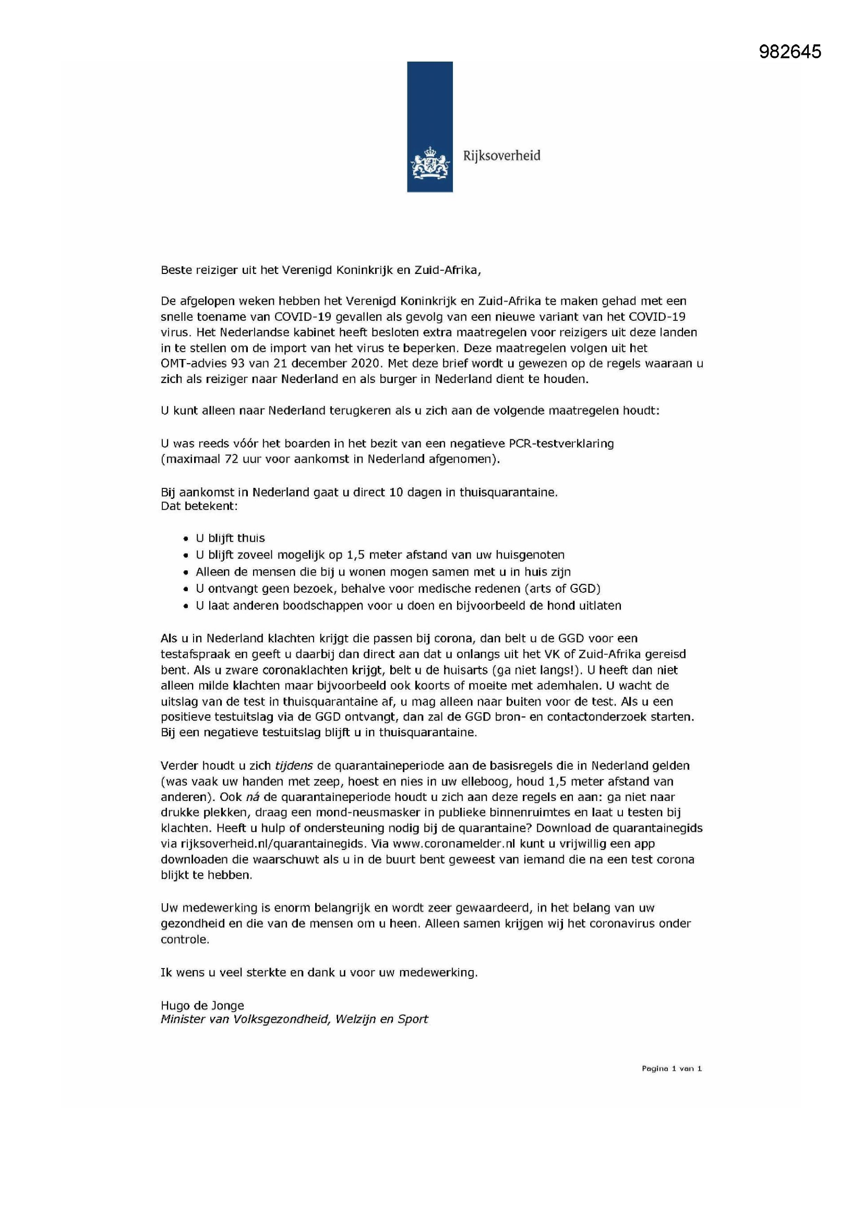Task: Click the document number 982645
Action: coord(789,52)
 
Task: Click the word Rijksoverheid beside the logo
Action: coord(501,156)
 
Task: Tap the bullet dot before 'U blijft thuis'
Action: coord(185,540)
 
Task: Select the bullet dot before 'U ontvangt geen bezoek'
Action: coord(185,589)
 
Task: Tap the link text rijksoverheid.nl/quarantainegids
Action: coord(273,843)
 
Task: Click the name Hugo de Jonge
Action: coord(202,1006)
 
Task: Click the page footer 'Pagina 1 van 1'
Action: coord(672,1069)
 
